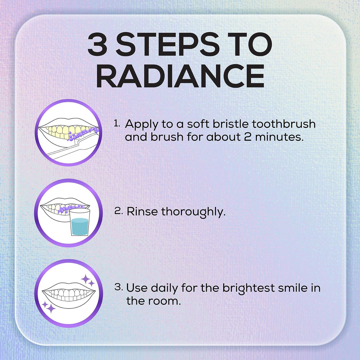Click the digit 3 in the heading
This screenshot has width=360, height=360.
click(97, 45)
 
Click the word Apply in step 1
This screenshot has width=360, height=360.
click(141, 124)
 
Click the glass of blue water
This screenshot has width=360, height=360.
click(80, 222)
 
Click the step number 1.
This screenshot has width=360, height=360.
click(117, 124)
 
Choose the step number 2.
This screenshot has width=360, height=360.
click(118, 211)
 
